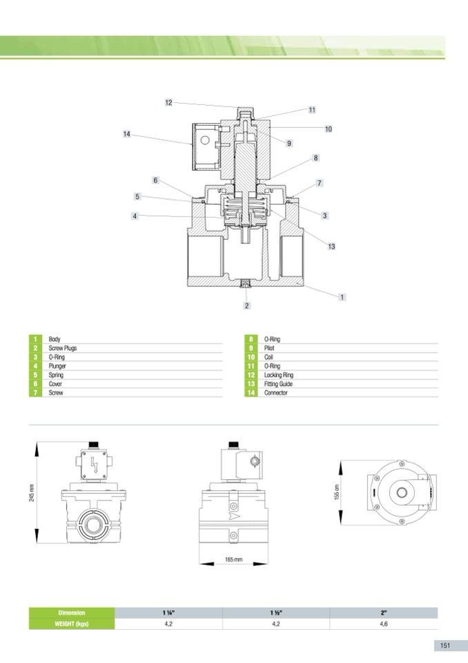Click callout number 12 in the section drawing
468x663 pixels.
coord(168,102)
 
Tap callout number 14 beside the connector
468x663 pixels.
coord(126,134)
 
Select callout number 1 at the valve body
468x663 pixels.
coord(342,297)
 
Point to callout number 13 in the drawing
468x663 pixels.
coord(332,246)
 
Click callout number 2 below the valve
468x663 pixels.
coord(247,306)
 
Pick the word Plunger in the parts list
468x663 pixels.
coord(57,366)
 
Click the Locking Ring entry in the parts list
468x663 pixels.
coord(278,375)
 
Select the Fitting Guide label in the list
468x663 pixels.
coord(278,384)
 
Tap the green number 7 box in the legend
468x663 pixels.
coord(35,393)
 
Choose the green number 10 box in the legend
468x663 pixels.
coord(251,357)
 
